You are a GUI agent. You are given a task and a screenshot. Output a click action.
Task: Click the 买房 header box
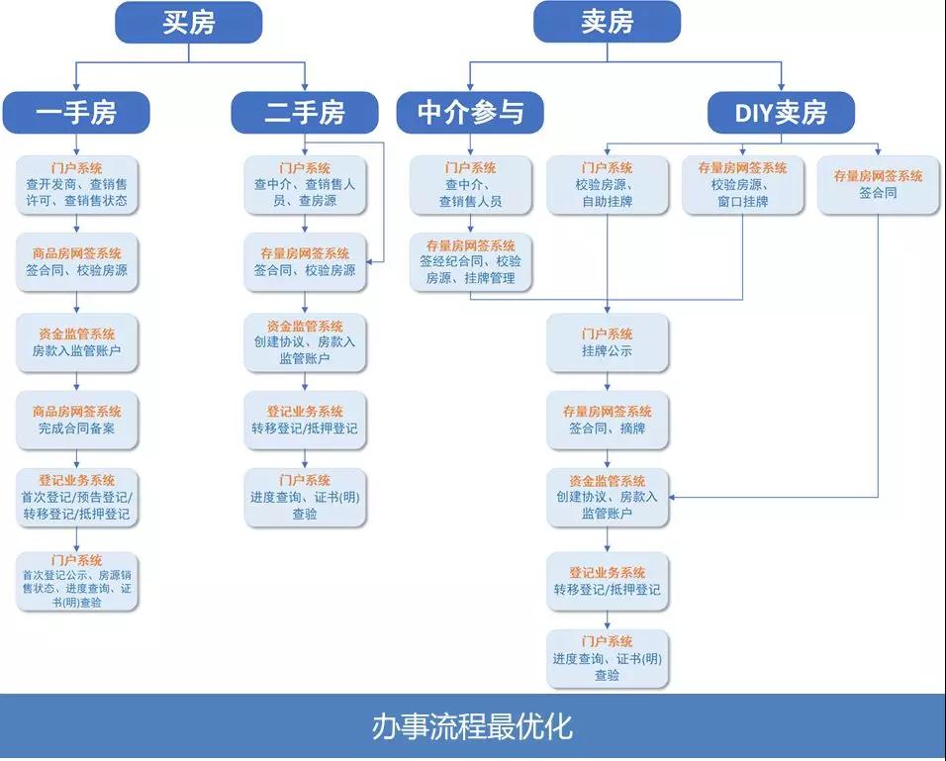coord(188,22)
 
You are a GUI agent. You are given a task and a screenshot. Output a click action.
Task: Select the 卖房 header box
coord(607,22)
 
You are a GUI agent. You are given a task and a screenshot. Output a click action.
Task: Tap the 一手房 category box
coord(75,113)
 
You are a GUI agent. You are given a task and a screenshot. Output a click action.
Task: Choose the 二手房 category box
coord(305,113)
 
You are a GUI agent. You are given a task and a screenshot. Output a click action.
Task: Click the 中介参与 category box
coord(470,113)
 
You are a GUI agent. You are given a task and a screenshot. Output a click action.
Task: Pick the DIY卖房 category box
coord(781,113)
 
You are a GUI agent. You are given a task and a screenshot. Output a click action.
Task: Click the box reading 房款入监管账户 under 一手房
coord(77,342)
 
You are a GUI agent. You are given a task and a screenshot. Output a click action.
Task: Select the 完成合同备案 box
coord(77,420)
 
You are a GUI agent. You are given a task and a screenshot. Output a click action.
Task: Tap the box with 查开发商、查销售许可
coord(77,184)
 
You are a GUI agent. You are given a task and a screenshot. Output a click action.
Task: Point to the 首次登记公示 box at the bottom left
coord(77,581)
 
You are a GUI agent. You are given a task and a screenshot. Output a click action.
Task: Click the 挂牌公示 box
coord(608,342)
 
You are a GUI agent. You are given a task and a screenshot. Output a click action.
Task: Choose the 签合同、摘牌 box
coord(608,420)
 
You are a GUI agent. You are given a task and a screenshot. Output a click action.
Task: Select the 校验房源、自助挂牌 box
coord(608,184)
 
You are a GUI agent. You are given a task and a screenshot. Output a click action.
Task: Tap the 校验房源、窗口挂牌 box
coord(742,184)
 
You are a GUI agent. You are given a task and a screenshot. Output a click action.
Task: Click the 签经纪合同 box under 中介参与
coord(470,262)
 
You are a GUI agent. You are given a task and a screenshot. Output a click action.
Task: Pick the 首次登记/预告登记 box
coord(77,498)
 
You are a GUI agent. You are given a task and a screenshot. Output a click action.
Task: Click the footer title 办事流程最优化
coord(473,727)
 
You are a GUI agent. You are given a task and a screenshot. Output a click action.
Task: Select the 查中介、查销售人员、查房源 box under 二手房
coord(305,184)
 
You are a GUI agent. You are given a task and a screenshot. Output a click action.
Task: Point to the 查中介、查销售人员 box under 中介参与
coord(470,184)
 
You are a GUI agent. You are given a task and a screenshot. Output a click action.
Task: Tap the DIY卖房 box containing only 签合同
coord(879,184)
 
